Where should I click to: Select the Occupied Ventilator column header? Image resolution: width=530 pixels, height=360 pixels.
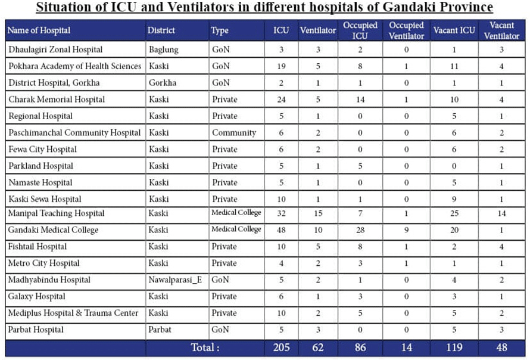point(406,30)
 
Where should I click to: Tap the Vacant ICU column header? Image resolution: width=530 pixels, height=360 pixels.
point(454,30)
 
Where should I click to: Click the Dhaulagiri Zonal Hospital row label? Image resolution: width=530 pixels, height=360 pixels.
point(55,49)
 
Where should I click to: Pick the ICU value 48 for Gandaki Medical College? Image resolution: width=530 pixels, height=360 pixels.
point(281,230)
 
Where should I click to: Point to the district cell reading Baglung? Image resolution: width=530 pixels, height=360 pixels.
point(164,50)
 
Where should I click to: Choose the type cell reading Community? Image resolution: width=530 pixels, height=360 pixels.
point(234,133)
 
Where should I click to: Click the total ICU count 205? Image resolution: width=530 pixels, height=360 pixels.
point(281,347)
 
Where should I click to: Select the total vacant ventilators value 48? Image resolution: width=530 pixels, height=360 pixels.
point(501,347)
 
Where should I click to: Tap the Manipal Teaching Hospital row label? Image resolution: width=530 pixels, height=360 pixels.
point(56,213)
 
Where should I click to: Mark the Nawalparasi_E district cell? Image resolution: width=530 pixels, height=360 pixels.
point(175,280)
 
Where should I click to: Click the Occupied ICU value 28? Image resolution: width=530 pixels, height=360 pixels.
point(360,230)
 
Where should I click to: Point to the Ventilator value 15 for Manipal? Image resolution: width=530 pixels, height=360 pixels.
point(318,213)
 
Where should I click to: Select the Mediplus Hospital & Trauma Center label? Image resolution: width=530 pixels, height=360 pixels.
point(73,313)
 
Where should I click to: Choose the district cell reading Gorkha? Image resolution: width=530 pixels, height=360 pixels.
point(163,83)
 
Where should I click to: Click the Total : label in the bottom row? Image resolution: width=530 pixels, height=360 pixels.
point(205,347)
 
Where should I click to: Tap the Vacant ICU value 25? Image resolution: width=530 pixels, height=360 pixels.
point(454,213)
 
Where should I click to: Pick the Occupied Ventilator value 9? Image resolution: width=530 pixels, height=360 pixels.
point(406,230)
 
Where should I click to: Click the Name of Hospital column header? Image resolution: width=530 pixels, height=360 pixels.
point(39,30)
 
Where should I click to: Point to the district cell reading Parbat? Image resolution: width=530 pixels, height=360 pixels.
point(160,330)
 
